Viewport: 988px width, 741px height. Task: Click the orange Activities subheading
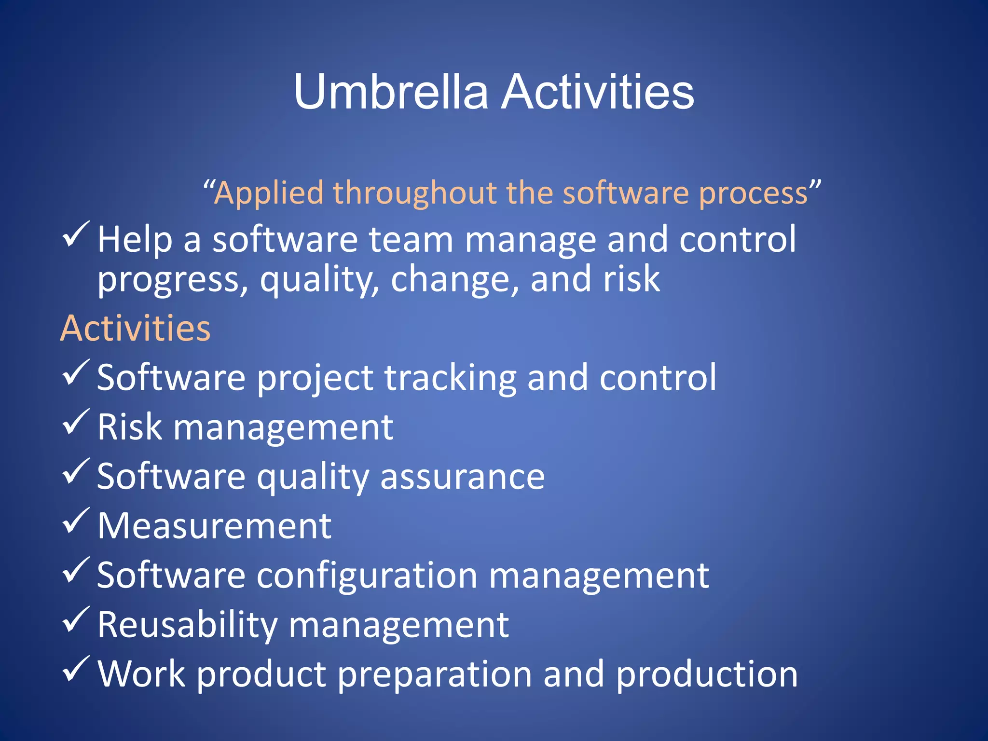[x=136, y=328]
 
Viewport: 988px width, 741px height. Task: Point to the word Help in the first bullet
[x=135, y=239]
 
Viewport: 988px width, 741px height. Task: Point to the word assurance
[x=462, y=477]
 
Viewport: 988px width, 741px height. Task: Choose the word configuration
[x=367, y=576]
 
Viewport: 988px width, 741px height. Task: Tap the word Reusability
[x=187, y=625]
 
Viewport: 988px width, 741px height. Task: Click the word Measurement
[x=214, y=526]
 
